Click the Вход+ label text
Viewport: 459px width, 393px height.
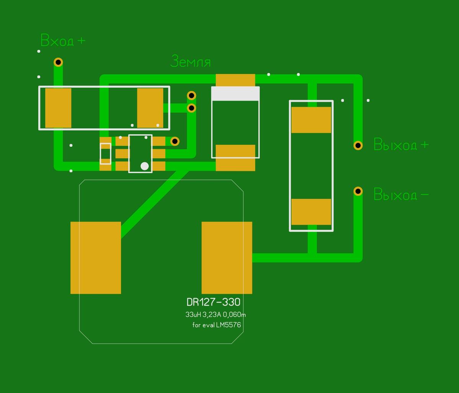point(63,41)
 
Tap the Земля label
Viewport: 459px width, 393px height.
point(190,62)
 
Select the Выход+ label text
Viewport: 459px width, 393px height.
point(401,145)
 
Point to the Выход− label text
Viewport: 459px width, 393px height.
point(401,195)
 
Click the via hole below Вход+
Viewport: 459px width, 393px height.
point(58,62)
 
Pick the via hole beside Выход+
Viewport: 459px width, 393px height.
point(358,145)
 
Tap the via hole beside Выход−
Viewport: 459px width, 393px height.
point(358,191)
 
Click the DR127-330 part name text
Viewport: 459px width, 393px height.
point(213,302)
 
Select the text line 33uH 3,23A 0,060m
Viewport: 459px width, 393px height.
point(215,315)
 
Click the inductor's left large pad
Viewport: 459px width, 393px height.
point(96,258)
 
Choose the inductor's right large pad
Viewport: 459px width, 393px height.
point(227,258)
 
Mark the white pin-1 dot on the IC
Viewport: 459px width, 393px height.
point(145,166)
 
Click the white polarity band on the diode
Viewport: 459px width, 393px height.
point(236,94)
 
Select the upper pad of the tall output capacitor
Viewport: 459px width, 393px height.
point(311,120)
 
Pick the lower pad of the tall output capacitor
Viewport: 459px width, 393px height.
point(311,212)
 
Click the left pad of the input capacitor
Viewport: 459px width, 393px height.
point(58,108)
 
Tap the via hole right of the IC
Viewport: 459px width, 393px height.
point(175,141)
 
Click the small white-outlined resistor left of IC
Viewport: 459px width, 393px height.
point(106,154)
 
